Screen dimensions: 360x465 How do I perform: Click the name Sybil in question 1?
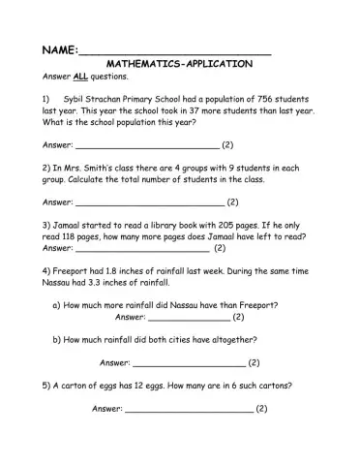(73, 99)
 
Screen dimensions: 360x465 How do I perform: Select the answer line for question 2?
(149, 205)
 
